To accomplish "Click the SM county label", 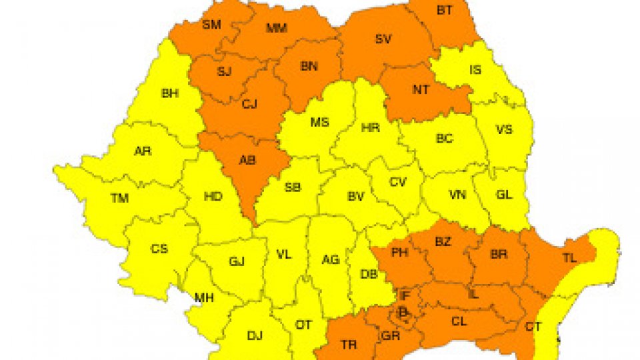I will (x=211, y=25).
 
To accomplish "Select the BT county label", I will (x=444, y=10).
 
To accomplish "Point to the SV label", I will (x=383, y=39).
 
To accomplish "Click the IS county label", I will (x=475, y=69).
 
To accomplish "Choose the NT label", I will (x=421, y=90).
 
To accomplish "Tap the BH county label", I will (x=170, y=93).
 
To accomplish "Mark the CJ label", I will (x=249, y=103).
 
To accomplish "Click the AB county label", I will (x=247, y=160).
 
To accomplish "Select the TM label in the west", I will (x=120, y=198).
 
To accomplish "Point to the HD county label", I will (x=213, y=197).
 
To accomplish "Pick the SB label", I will (x=292, y=188).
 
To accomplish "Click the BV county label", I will (x=356, y=197).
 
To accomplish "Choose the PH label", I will (x=399, y=253).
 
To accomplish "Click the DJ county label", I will (x=255, y=335).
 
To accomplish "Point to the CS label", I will (x=159, y=249).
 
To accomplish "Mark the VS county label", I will (x=504, y=129).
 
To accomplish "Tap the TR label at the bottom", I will (x=349, y=345).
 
